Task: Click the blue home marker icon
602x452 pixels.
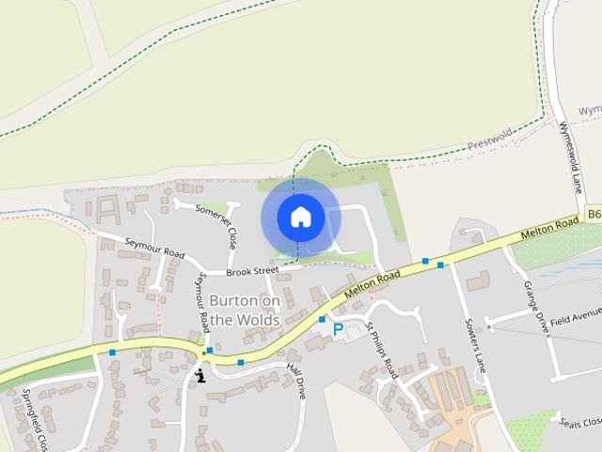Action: point(300,217)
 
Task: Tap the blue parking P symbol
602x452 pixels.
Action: point(338,330)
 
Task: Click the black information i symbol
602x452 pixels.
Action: point(200,376)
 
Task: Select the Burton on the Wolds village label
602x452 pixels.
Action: point(245,310)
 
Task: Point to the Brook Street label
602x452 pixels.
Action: point(255,271)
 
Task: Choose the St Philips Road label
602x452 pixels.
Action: point(383,350)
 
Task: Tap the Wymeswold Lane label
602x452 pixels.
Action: point(571,154)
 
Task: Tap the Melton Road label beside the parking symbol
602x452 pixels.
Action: point(372,284)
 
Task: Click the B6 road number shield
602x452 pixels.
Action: point(594,215)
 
